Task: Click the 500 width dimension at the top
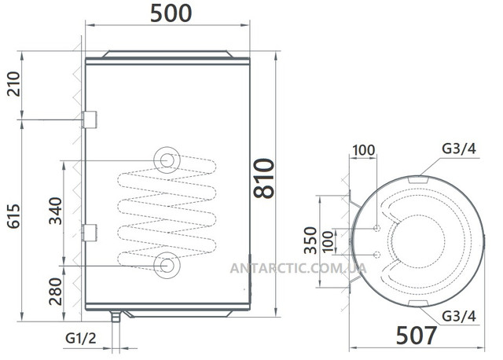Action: pyautogui.click(x=171, y=13)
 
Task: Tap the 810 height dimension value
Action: pyautogui.click(x=264, y=178)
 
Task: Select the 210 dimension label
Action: pyautogui.click(x=13, y=84)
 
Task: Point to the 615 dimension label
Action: pyautogui.click(x=13, y=216)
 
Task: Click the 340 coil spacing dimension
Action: pyautogui.click(x=55, y=211)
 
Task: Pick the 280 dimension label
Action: pyautogui.click(x=55, y=292)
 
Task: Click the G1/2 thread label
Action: pyautogui.click(x=80, y=338)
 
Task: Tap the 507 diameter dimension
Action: pyautogui.click(x=417, y=336)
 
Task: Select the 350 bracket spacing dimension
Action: pyautogui.click(x=310, y=241)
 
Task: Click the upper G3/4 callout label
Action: pyautogui.click(x=459, y=149)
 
